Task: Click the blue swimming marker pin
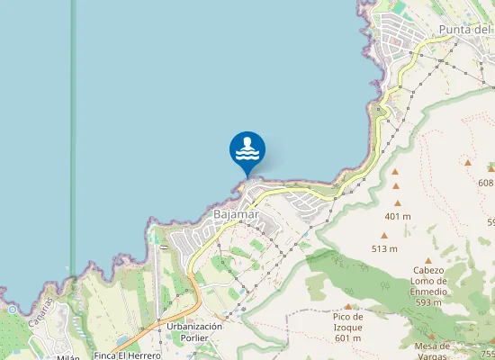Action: click(247, 150)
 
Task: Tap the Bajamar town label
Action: click(237, 215)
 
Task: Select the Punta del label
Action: click(465, 30)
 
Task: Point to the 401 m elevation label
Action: click(397, 217)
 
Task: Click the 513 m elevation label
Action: click(384, 248)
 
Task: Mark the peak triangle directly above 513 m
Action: click(384, 236)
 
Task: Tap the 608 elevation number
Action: click(486, 183)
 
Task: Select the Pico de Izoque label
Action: click(347, 321)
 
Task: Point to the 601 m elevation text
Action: click(347, 338)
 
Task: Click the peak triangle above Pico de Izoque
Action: click(347, 307)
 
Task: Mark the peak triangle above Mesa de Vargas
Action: click(432, 334)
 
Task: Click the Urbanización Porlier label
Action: click(194, 331)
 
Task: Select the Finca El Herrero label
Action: click(126, 355)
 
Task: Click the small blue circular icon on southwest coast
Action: click(13, 309)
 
